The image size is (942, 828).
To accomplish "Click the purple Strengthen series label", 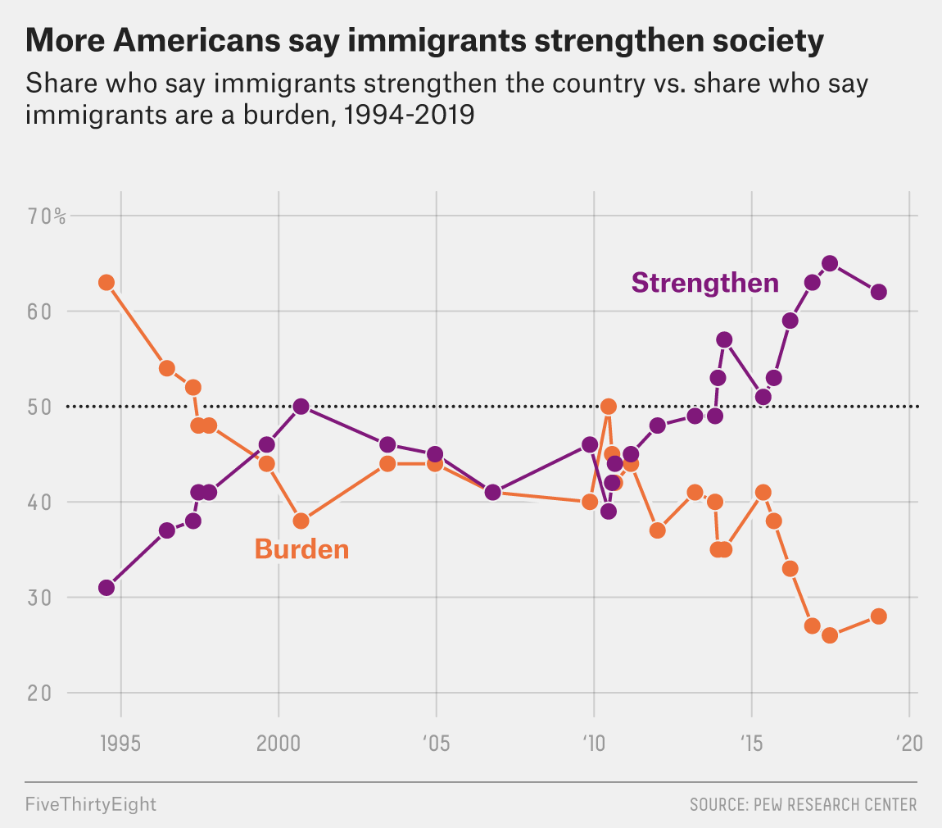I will (x=704, y=283).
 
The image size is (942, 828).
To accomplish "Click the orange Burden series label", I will (x=301, y=548).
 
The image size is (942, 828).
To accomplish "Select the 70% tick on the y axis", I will (x=47, y=216).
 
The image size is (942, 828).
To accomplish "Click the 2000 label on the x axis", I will (x=279, y=744).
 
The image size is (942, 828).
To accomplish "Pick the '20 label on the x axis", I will (x=908, y=744).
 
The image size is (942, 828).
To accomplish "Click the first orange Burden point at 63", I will (x=106, y=283).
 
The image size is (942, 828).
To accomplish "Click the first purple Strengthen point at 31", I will (x=106, y=588).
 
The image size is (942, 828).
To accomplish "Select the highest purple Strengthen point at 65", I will (x=829, y=263).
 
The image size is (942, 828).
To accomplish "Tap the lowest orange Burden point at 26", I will (x=829, y=635).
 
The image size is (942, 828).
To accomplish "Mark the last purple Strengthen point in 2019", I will (x=878, y=292).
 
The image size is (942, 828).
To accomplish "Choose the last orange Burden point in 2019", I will (x=878, y=616).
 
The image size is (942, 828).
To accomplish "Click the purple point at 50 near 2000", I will (x=301, y=407).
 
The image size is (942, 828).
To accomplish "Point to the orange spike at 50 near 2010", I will (x=608, y=407).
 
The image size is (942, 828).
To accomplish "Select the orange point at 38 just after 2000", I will (x=301, y=521).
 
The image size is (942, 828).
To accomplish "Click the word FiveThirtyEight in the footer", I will (x=90, y=804).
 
